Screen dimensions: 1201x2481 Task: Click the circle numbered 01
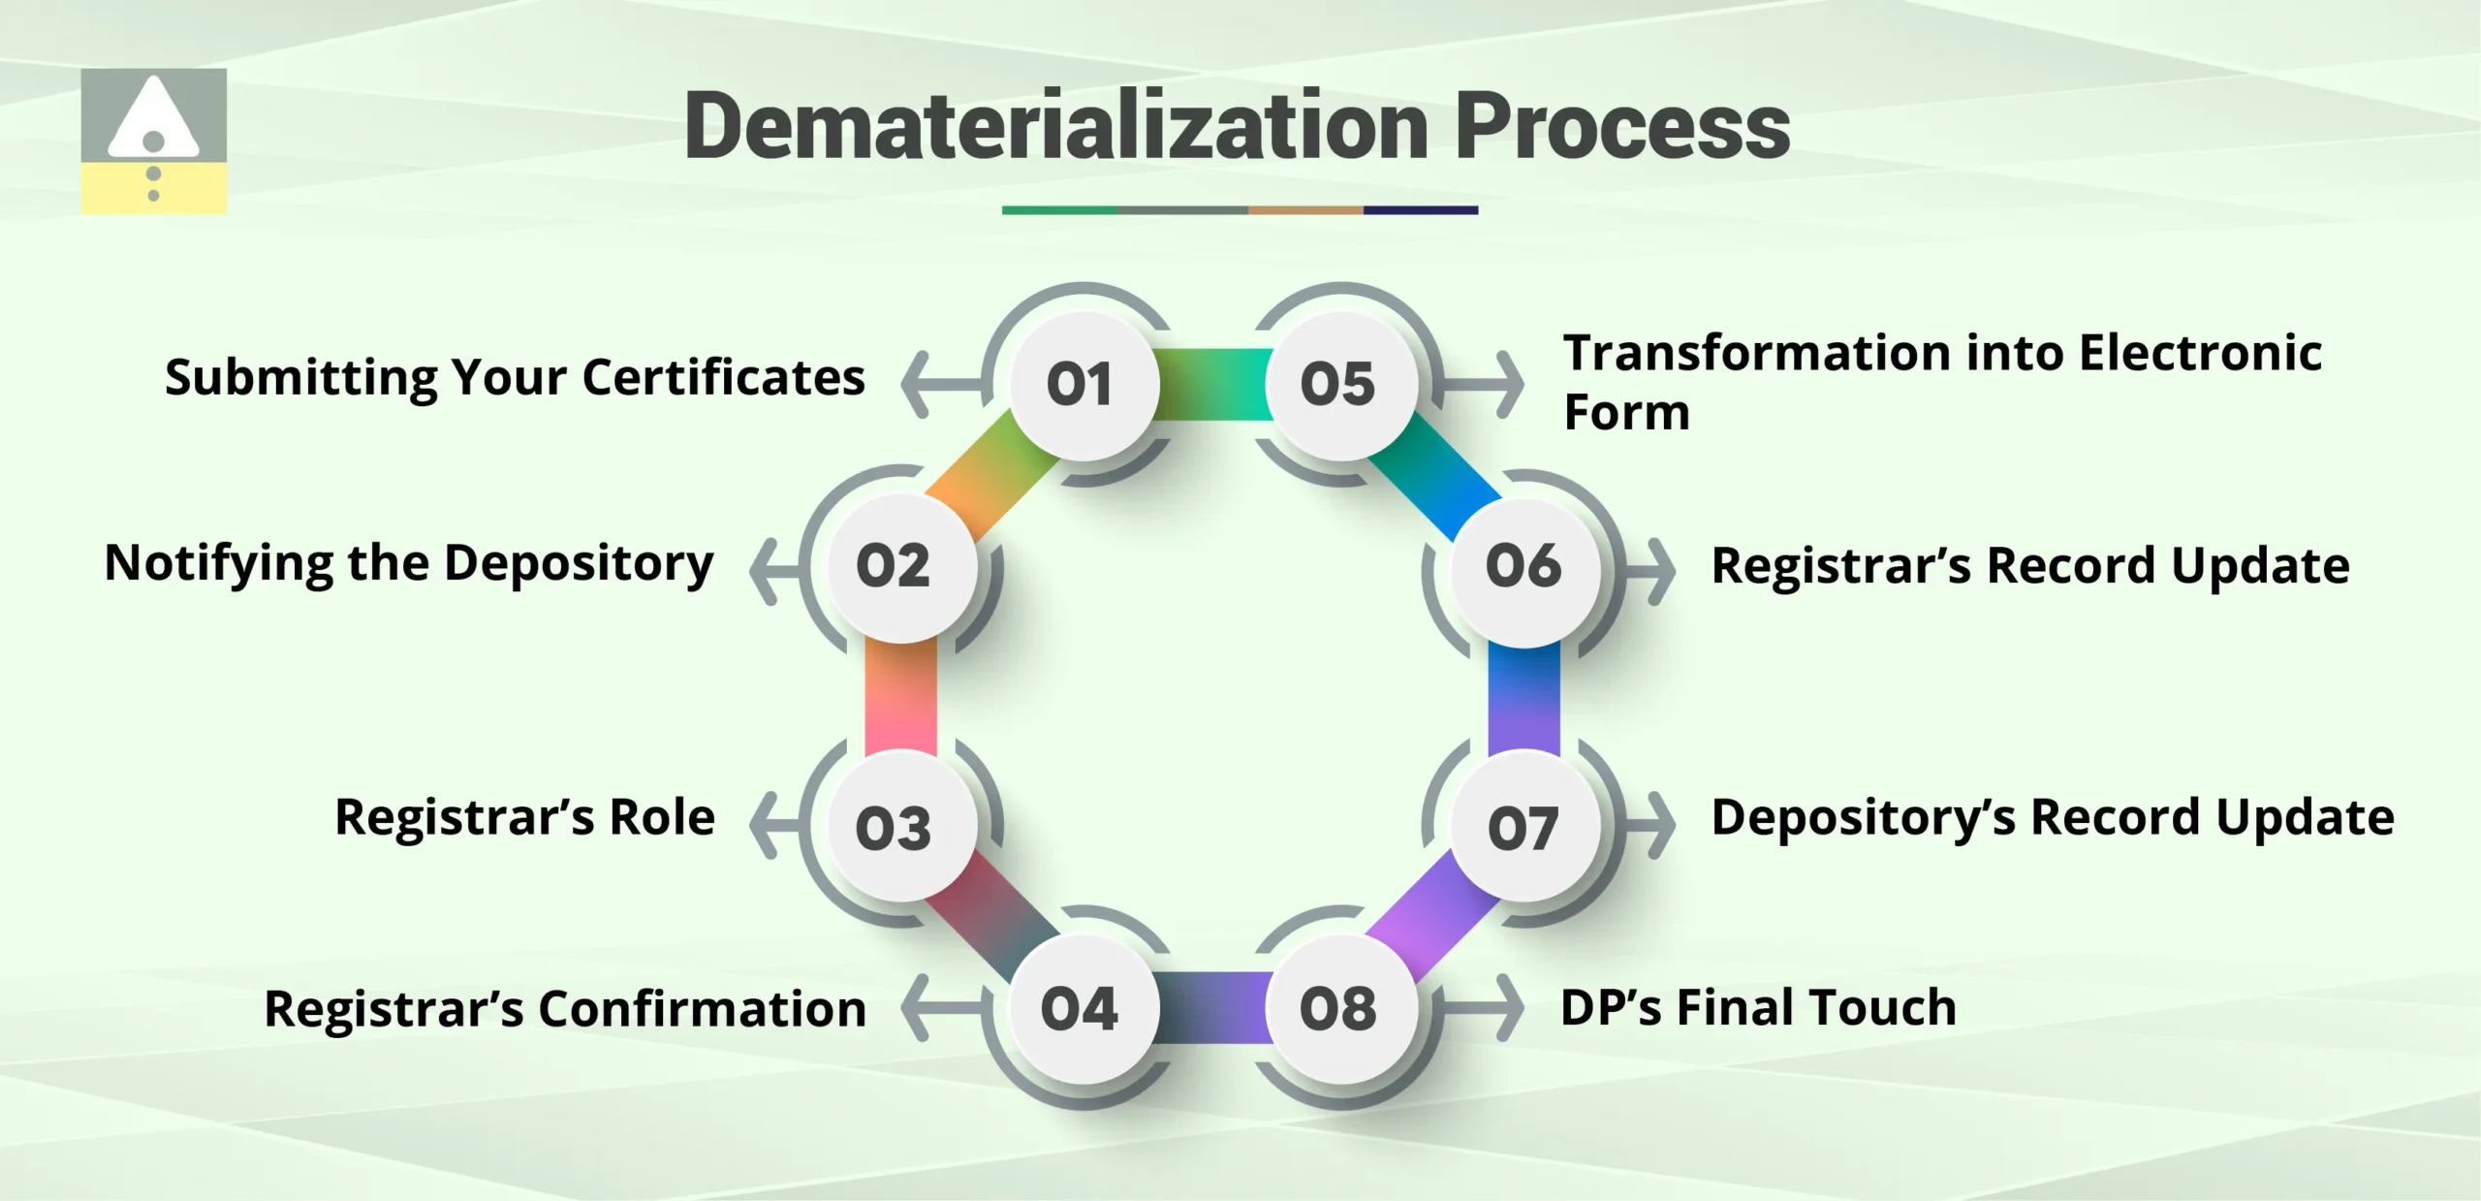[x=1082, y=384]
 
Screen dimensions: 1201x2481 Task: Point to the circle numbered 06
[x=1523, y=566]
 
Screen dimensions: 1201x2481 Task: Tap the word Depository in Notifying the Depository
[x=579, y=564]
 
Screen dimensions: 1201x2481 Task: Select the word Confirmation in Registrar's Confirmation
[x=702, y=1009]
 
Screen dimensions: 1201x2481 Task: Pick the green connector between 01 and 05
[x=1211, y=384]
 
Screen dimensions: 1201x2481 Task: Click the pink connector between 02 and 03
[x=900, y=696]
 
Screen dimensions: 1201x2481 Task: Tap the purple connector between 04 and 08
[x=1211, y=1008]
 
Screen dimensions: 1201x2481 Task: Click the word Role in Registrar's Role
[x=662, y=817]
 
